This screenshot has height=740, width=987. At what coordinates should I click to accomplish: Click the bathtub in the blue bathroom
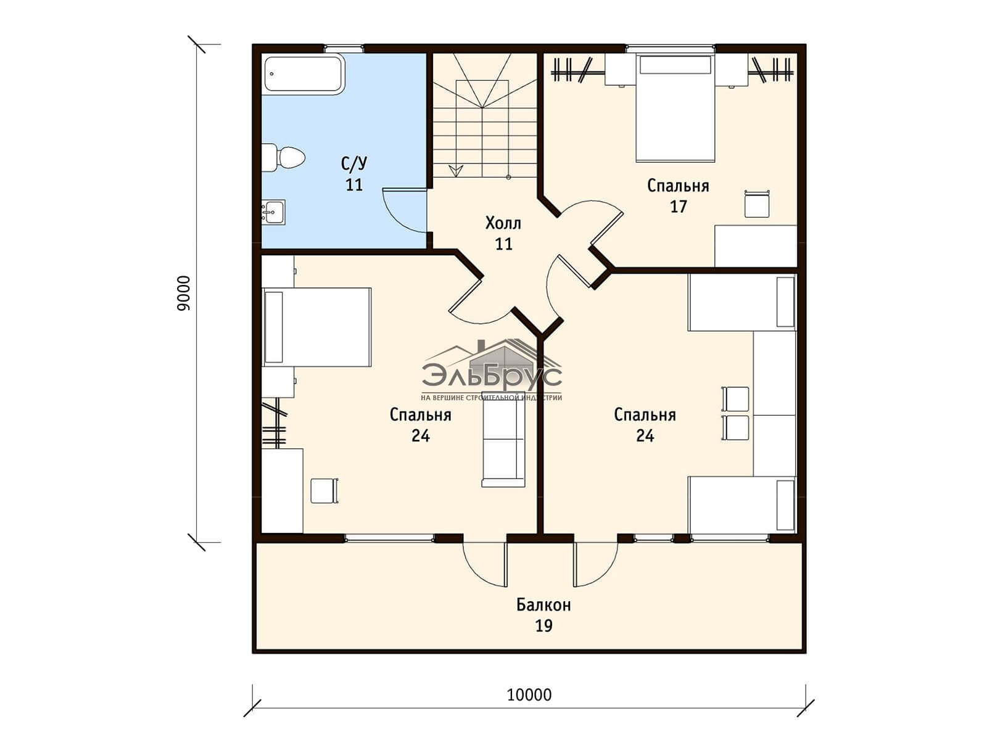[304, 74]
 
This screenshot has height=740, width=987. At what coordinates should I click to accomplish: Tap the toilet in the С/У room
[283, 158]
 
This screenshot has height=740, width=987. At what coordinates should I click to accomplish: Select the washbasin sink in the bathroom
[273, 212]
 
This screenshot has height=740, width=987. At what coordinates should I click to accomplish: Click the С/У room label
[354, 164]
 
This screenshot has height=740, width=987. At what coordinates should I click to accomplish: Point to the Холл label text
[503, 223]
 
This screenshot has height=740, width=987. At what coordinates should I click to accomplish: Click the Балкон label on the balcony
[543, 605]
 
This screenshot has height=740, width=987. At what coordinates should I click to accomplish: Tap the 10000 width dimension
[529, 695]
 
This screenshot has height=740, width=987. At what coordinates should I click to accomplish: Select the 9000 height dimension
[184, 293]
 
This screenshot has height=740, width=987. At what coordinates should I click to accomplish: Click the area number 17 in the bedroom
[678, 207]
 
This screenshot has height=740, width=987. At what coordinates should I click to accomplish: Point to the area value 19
[543, 626]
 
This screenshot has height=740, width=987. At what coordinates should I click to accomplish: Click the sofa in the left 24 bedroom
[503, 440]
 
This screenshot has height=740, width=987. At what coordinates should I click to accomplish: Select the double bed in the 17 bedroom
[675, 108]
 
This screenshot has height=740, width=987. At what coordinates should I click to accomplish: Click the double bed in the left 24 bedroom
[316, 327]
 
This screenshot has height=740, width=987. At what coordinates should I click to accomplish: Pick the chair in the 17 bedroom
[757, 204]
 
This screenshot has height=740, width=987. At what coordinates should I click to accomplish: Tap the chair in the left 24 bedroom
[324, 491]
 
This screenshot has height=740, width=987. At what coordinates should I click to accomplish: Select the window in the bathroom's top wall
[344, 47]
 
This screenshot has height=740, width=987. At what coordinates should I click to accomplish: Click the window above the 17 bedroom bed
[670, 47]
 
